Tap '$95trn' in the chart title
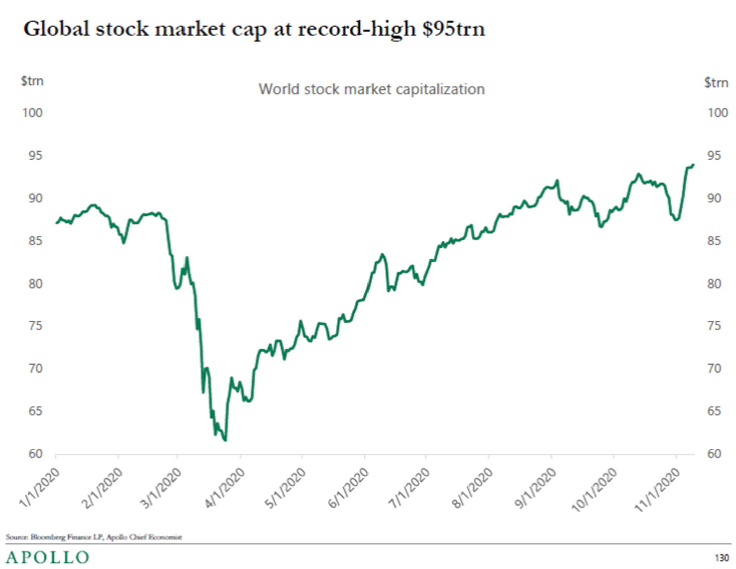pyautogui.click(x=453, y=29)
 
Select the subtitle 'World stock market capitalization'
pyautogui.click(x=372, y=89)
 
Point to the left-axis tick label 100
pyautogui.click(x=32, y=113)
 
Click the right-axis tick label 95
pyautogui.click(x=714, y=156)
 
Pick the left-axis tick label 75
pyautogui.click(x=35, y=326)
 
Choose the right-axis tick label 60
pyautogui.click(x=714, y=454)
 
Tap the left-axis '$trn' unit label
pyautogui.click(x=32, y=81)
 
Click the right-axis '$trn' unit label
pyautogui.click(x=716, y=83)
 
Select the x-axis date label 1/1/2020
pyautogui.click(x=39, y=487)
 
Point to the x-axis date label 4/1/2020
pyautogui.click(x=225, y=487)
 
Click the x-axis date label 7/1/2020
pyautogui.click(x=410, y=487)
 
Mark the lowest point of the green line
pyautogui.click(x=225, y=440)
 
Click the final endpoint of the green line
pyautogui.click(x=693, y=165)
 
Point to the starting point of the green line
pyautogui.click(x=56, y=223)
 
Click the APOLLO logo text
pyautogui.click(x=48, y=557)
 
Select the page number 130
pyautogui.click(x=722, y=558)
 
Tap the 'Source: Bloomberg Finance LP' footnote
pyautogui.click(x=94, y=537)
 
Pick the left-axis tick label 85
pyautogui.click(x=35, y=241)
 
